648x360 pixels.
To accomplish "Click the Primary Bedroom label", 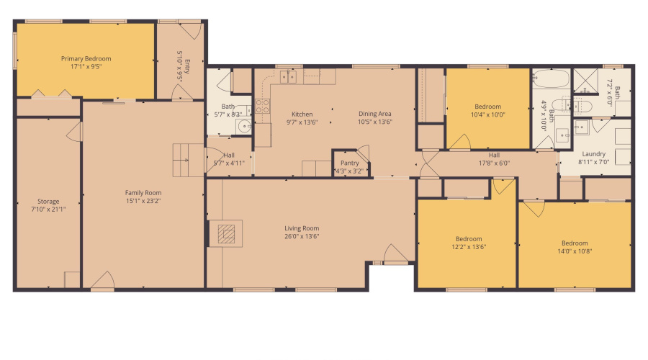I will [x=86, y=59].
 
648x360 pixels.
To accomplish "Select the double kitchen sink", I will [x=287, y=76].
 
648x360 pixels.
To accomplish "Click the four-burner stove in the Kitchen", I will [x=262, y=107].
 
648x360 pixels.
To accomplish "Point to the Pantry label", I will [x=348, y=163].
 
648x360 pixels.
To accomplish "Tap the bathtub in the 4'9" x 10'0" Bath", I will [x=551, y=78].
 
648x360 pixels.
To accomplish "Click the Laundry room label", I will [x=594, y=154].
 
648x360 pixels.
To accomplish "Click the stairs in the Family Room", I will [x=186, y=159].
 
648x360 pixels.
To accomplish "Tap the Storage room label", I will [x=48, y=202].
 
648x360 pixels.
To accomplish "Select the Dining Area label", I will [x=375, y=114].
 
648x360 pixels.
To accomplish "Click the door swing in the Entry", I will [x=190, y=30].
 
